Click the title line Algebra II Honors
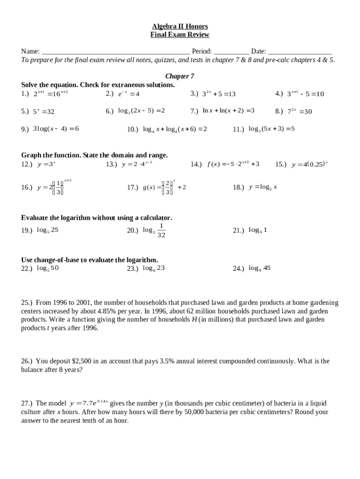pyautogui.click(x=180, y=26)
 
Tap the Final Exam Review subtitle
pyautogui.click(x=180, y=35)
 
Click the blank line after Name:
pyautogui.click(x=115, y=51)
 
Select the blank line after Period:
pyautogui.click(x=231, y=51)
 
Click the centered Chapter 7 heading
pyautogui.click(x=180, y=76)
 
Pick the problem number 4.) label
pyautogui.click(x=280, y=94)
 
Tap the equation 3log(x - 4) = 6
pyautogui.click(x=56, y=129)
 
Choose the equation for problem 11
pyautogui.click(x=271, y=129)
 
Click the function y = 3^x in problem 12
pyautogui.click(x=46, y=164)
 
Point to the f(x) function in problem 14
pyautogui.click(x=231, y=164)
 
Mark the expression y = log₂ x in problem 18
pyautogui.click(x=263, y=187)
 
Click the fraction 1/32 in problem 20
pyautogui.click(x=161, y=230)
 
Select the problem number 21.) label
pyautogui.click(x=238, y=230)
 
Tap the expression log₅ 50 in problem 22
pyautogui.click(x=48, y=268)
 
